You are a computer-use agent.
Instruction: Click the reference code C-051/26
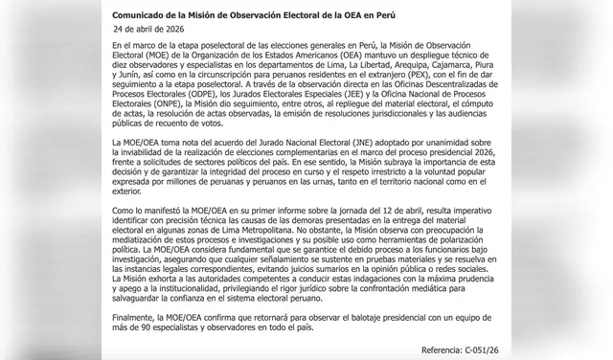click(492, 351)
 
